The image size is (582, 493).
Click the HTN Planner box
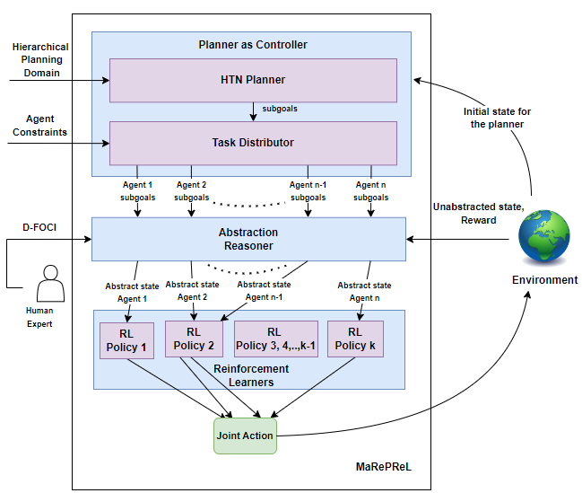(253, 81)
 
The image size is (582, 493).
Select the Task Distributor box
(253, 143)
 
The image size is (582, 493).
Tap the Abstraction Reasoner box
(248, 239)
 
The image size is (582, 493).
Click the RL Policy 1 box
(126, 340)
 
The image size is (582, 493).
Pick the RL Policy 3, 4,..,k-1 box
(275, 339)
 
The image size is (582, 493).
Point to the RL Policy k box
(355, 339)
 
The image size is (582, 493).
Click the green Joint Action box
(245, 436)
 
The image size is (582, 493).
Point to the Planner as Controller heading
(252, 45)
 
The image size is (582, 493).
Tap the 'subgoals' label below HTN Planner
(280, 108)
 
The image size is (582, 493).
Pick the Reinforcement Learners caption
(251, 375)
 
